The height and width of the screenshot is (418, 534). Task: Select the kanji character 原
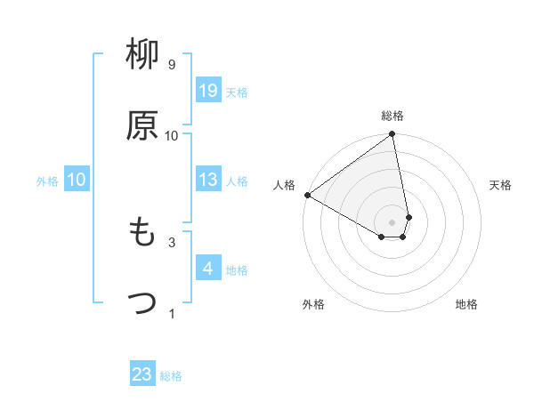142,125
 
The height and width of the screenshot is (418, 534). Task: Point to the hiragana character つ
142,303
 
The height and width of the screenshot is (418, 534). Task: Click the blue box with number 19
208,91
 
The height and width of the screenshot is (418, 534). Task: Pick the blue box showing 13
208,180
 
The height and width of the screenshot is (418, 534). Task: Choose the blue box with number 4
208,269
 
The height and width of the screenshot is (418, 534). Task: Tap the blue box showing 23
142,374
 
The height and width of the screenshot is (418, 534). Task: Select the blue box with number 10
76,180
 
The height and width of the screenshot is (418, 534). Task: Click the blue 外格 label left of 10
47,181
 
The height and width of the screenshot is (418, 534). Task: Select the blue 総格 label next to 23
171,375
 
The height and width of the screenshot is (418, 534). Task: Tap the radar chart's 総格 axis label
392,116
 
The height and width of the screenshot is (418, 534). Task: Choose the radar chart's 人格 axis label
284,185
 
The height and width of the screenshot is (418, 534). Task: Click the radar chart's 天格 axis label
501,185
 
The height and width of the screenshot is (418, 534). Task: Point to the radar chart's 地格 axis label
466,304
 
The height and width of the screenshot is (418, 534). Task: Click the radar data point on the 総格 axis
392,135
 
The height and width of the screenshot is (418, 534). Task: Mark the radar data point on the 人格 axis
307,195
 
